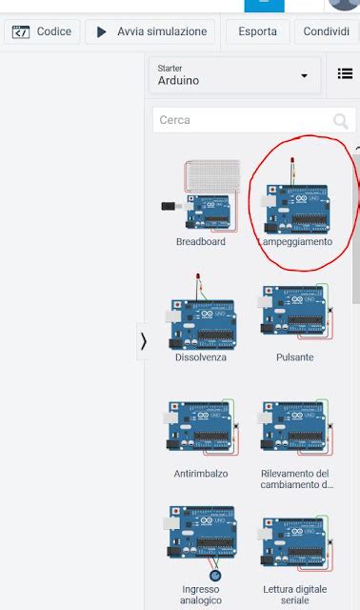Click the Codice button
coord(41,32)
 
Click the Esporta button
coord(258,32)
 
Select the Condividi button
coord(326,32)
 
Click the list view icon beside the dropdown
coord(345,74)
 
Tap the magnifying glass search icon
coord(340,121)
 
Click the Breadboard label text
coord(201,242)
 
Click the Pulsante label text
coord(295,357)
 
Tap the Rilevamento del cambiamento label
coord(295,478)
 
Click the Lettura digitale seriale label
coord(295,595)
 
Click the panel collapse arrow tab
coord(144,340)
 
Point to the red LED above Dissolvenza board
coord(198,277)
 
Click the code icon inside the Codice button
coord(20,32)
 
